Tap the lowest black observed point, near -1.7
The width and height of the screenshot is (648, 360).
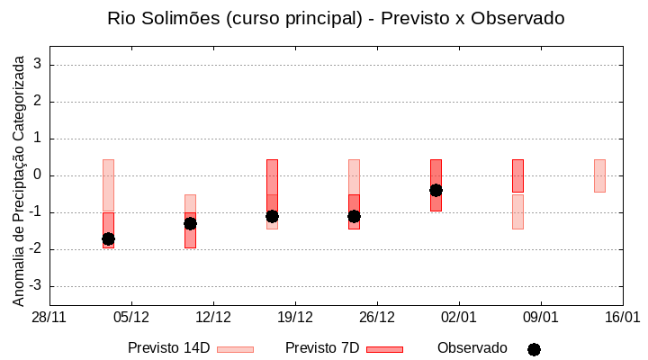pos(108,238)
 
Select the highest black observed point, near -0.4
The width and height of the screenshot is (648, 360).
pos(436,190)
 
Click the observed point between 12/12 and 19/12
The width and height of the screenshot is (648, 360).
pos(272,216)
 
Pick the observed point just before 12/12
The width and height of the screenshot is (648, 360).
pos(190,223)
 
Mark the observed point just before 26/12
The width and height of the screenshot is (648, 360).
pos(354,216)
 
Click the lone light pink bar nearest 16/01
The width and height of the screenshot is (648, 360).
pos(599,175)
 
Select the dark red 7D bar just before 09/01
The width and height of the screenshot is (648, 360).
pos(517,175)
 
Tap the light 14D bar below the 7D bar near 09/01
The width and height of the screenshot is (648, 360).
pos(517,211)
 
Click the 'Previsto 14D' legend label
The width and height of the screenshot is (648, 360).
pos(168,348)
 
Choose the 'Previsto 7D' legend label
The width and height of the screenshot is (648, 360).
pos(322,348)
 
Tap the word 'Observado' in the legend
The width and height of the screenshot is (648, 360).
pos(472,348)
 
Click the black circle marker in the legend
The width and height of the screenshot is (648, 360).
pos(534,349)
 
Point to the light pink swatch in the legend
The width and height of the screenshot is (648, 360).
pos(235,349)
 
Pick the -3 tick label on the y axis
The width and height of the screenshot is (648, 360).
pos(35,286)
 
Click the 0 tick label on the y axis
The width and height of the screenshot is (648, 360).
pos(39,175)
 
